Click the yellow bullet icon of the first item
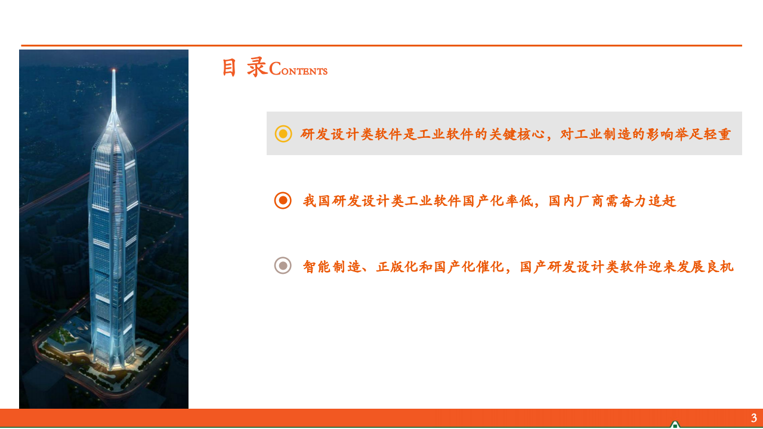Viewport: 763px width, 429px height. pyautogui.click(x=283, y=134)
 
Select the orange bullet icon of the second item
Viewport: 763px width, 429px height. pyautogui.click(x=283, y=200)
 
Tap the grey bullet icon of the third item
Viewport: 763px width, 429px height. pyautogui.click(x=283, y=266)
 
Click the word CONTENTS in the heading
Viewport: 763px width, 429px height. pyautogui.click(x=298, y=70)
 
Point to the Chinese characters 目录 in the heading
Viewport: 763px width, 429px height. pyautogui.click(x=244, y=67)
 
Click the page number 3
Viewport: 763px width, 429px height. pyautogui.click(x=753, y=418)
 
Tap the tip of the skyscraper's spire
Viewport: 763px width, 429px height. pyautogui.click(x=113, y=70)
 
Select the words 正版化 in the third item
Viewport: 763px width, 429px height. pyautogui.click(x=397, y=267)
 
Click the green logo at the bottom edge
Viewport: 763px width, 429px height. pyautogui.click(x=675, y=425)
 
